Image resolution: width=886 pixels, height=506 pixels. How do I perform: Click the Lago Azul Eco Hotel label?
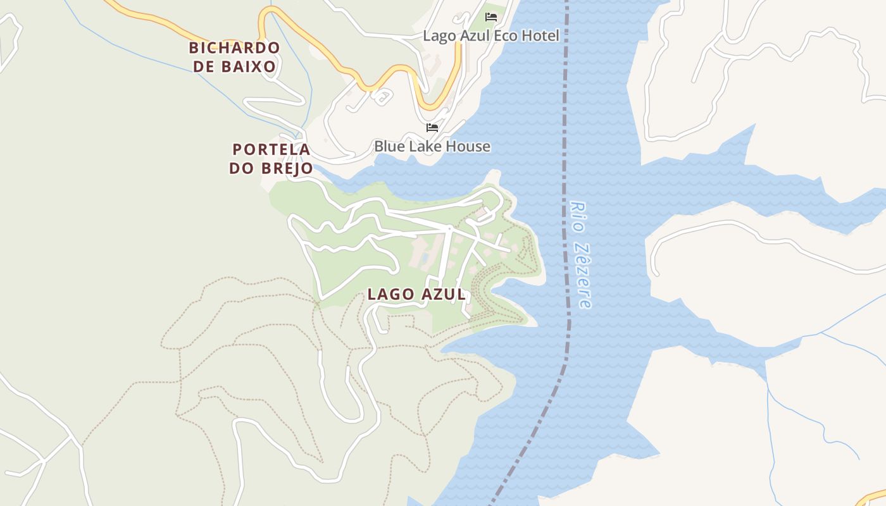coord(491,36)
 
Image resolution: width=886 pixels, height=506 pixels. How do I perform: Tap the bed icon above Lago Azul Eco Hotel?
coord(491,16)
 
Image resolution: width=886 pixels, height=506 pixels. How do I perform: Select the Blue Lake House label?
coord(432,146)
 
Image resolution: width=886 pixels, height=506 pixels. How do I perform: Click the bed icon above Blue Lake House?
coord(432,127)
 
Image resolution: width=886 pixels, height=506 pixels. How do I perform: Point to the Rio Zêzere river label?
coord(580,254)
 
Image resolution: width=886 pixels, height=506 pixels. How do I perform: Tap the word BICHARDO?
coord(234,47)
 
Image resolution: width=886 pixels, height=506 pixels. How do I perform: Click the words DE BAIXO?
coord(235,66)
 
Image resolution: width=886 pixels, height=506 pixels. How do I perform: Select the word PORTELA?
coord(271,150)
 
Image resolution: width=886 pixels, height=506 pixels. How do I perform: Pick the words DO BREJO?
coord(271,168)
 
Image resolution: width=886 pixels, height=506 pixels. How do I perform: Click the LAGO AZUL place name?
coord(416,294)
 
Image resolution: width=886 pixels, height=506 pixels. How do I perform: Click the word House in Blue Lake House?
coord(468,146)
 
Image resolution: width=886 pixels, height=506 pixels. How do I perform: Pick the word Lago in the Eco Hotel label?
coord(440,36)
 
